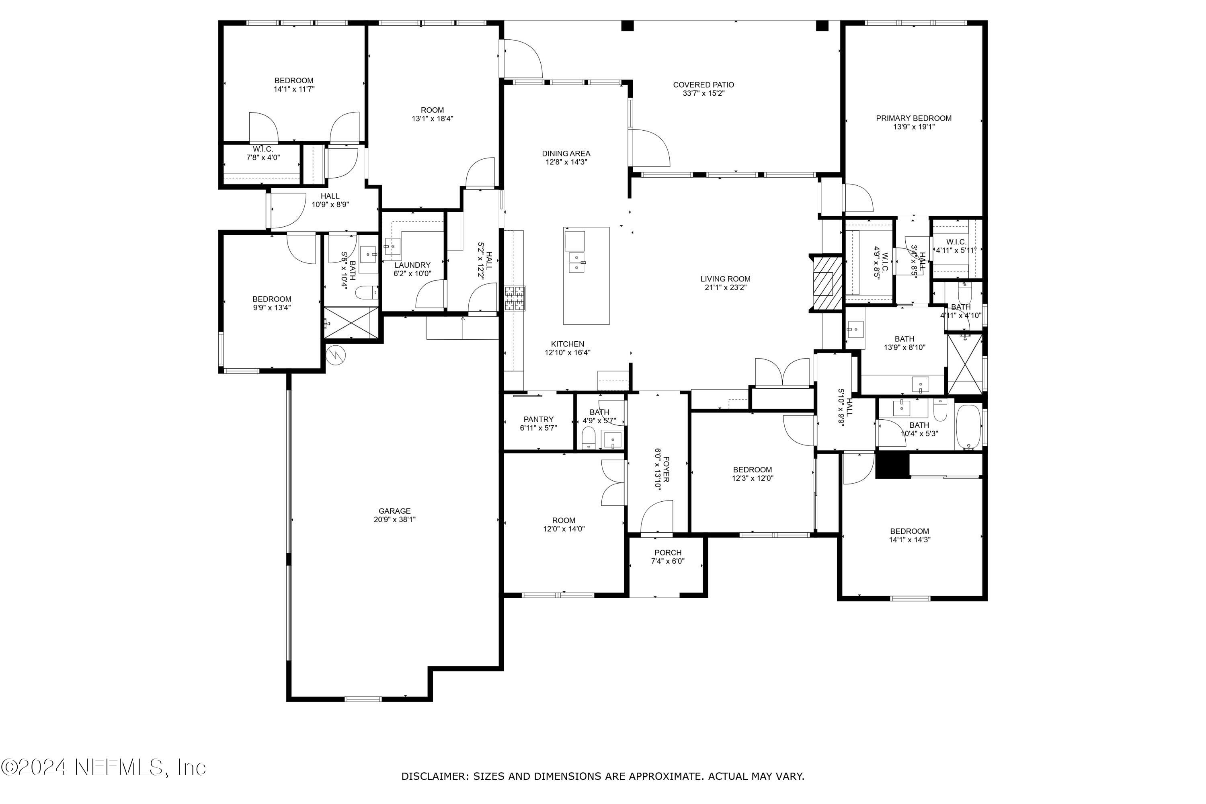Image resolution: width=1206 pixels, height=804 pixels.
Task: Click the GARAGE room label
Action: pos(394,511)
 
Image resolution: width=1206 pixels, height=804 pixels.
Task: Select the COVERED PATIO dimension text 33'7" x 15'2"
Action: pos(703,93)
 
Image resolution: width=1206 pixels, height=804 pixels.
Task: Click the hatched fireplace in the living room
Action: pos(826,283)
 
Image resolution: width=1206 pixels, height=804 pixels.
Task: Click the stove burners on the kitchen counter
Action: pos(515,298)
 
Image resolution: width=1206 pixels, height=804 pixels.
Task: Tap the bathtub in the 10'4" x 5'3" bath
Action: pos(968,427)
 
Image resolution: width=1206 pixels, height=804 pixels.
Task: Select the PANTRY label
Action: pos(538,419)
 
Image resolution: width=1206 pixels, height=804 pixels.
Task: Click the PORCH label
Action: pos(668,553)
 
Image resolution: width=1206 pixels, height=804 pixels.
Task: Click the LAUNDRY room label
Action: pos(412,265)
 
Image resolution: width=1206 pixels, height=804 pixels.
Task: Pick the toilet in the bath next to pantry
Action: pos(589,437)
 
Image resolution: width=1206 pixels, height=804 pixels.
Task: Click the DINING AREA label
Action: pos(566,153)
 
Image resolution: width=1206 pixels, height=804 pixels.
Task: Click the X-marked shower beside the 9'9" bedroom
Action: pos(351,322)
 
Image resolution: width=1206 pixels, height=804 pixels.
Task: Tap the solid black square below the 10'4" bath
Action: pos(892,465)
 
